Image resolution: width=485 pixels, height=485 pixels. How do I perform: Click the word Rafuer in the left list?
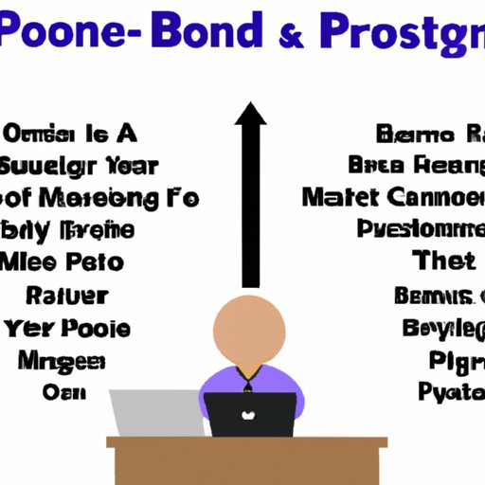(69, 295)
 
